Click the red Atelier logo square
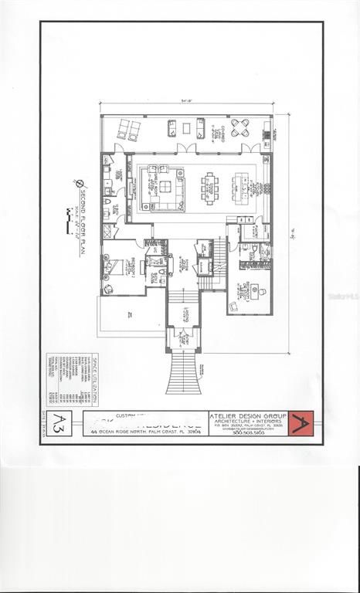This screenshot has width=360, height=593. coord(300,423)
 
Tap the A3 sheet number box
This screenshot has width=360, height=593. coord(59,422)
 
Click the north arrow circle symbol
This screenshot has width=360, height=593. coord(80,184)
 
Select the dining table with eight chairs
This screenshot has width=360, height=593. coord(210,186)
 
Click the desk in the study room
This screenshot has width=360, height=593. coord(248,292)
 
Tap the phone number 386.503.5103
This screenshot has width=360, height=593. coord(248,433)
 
